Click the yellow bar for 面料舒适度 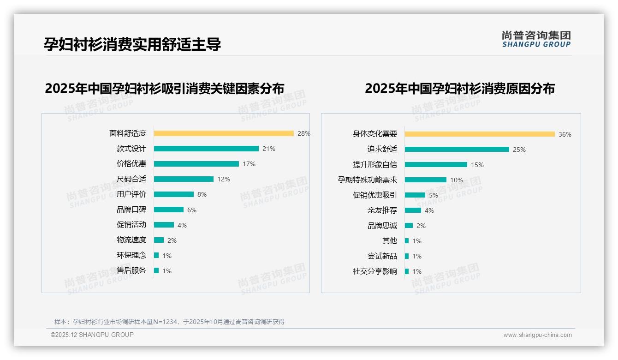pos(224,133)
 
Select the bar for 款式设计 pos(206,149)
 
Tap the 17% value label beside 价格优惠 pos(249,164)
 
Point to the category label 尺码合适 pos(131,179)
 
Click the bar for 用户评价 pos(174,194)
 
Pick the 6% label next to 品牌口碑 pos(192,210)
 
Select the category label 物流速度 pos(131,240)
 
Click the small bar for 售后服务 pos(156,270)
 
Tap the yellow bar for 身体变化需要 pos(480,134)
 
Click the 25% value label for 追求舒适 pos(519,150)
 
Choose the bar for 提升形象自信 pos(436,165)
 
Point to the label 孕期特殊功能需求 pos(368,180)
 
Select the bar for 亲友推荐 pos(413,210)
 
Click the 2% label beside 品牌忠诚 pos(421,226)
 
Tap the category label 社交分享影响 pos(375,271)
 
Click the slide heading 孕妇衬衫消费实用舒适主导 pos(132,44)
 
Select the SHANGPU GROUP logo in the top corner pos(536,39)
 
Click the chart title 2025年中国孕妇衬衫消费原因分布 pos(460,89)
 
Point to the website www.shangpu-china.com pos(537,335)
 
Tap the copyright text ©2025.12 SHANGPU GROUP pos(92,335)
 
